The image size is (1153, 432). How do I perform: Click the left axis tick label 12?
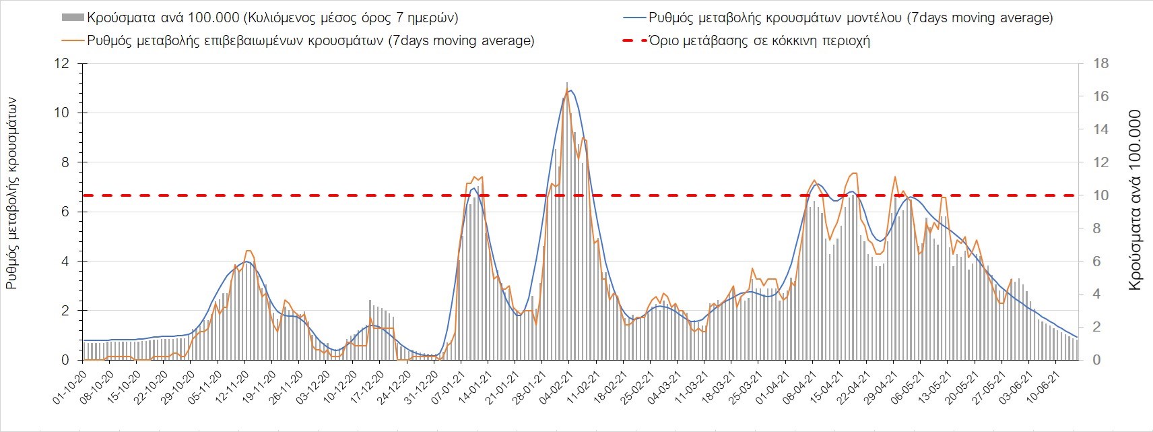pyautogui.click(x=62, y=63)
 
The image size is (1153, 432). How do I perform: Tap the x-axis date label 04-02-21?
pyautogui.click(x=555, y=385)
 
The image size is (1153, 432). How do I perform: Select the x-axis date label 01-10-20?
pyautogui.click(x=69, y=385)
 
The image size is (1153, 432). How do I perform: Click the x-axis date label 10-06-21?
pyautogui.click(x=1042, y=385)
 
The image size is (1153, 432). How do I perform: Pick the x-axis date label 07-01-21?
pyautogui.click(x=447, y=385)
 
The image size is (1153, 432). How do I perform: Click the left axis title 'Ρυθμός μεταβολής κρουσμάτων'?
pyautogui.click(x=11, y=193)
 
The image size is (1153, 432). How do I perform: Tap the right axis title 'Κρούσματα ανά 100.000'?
pyautogui.click(x=1135, y=200)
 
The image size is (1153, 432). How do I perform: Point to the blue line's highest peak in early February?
pyautogui.click(x=571, y=90)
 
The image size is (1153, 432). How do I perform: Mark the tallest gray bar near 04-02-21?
pyautogui.click(x=567, y=84)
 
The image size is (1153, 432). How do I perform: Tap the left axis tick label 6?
pyautogui.click(x=65, y=212)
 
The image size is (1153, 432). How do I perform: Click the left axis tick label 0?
pyautogui.click(x=65, y=360)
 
